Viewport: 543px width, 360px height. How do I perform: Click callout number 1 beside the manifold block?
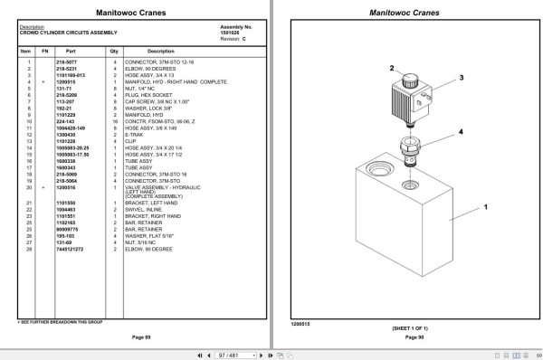pyautogui.click(x=485, y=207)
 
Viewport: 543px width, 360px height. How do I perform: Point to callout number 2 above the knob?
pyautogui.click(x=392, y=68)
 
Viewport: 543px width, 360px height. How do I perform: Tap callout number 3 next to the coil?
pyautogui.click(x=460, y=79)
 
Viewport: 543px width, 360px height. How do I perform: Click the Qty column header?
pyautogui.click(x=115, y=51)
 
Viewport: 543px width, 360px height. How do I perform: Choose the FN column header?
pyautogui.click(x=43, y=51)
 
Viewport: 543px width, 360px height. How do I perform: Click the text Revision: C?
pyautogui.click(x=233, y=38)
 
